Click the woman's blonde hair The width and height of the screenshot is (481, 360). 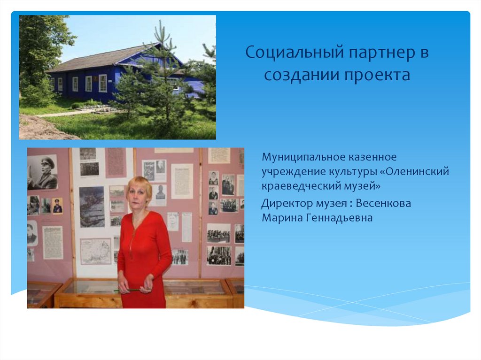click(x=139, y=184)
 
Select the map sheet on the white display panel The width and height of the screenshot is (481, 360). click(x=95, y=251)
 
